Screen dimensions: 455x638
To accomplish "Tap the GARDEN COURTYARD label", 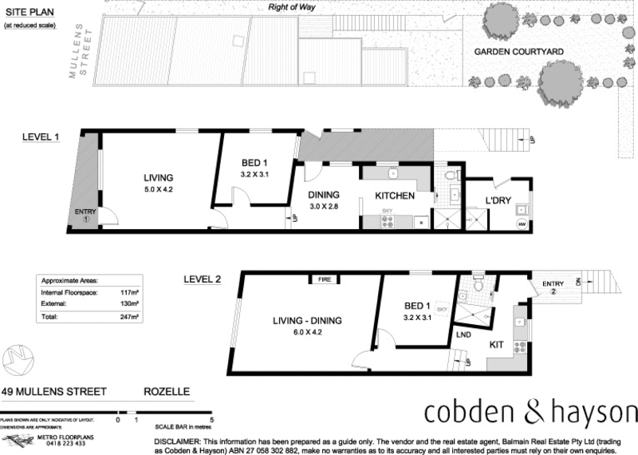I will [x=519, y=52].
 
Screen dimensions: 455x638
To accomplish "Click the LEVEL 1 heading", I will [x=41, y=136].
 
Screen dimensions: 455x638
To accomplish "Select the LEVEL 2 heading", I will [x=203, y=279].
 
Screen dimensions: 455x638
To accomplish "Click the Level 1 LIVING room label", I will [x=158, y=178].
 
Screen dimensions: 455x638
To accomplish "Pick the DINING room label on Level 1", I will [x=325, y=194].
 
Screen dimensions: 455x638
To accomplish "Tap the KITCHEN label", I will [x=395, y=196].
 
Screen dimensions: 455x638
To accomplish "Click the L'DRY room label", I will [x=499, y=200].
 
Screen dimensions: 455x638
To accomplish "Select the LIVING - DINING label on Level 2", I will [x=307, y=321].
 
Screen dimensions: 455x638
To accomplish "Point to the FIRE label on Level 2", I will [x=324, y=280].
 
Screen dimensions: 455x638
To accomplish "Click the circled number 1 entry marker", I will [x=85, y=219].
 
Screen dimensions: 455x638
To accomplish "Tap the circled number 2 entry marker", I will [x=553, y=292].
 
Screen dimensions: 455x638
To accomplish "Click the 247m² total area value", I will [x=130, y=317].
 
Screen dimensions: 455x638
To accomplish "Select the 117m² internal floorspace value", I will [x=130, y=292].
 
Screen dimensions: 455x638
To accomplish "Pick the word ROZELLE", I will [x=166, y=392].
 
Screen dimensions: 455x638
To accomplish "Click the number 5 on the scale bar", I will [x=211, y=419].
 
